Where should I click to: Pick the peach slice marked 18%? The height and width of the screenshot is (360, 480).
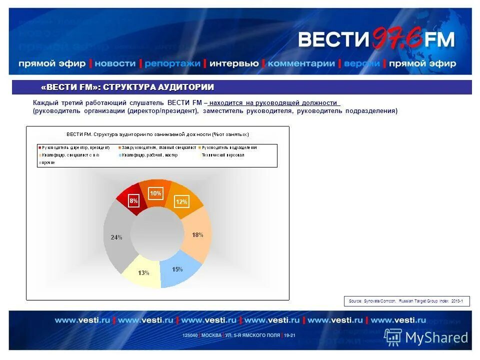coord(196,234)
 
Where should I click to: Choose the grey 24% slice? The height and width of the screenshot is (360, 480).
coord(116,237)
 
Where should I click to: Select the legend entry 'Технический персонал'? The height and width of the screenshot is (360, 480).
coord(222,155)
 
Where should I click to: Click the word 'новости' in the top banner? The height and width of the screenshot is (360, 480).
coord(115,63)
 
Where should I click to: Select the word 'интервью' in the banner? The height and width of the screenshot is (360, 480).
coord(234,63)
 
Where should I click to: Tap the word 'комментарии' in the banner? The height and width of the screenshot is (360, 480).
coord(301,63)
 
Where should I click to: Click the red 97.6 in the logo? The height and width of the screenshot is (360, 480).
coord(397,39)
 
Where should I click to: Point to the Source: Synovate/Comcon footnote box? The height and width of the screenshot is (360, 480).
coord(406,301)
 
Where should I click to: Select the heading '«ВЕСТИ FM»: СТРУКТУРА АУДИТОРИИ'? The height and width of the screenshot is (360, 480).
coord(127,87)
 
